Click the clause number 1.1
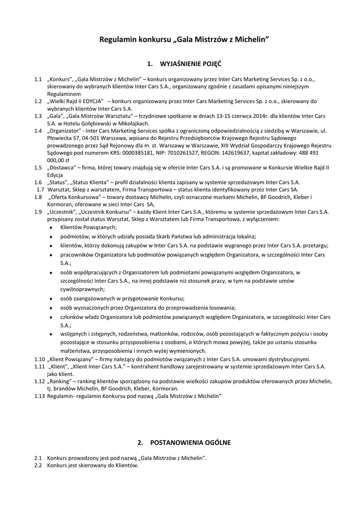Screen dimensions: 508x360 pyautogui.click(x=38, y=79)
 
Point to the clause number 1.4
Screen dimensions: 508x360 pyautogui.click(x=38, y=131)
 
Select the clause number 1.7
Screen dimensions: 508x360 pyautogui.click(x=40, y=190)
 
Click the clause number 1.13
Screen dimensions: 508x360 pyautogui.click(x=39, y=396)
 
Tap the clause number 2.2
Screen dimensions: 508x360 pyautogui.click(x=38, y=466)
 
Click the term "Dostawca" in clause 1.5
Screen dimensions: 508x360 pyautogui.click(x=62, y=168)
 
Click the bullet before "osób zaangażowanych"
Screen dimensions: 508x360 pyautogui.click(x=52, y=299)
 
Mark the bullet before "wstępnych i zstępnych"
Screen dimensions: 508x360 pyautogui.click(x=52, y=335)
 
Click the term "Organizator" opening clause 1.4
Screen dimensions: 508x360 pyautogui.click(x=64, y=131)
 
